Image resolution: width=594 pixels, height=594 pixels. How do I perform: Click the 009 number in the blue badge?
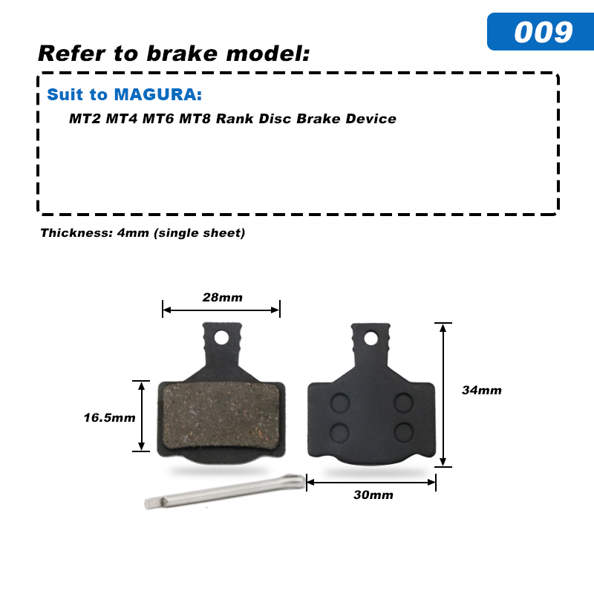click(x=544, y=32)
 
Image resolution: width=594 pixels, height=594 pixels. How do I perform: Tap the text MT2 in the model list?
click(x=85, y=119)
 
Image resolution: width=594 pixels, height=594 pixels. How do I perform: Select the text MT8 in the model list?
click(x=195, y=119)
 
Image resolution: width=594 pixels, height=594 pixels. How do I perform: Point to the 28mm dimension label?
click(x=222, y=298)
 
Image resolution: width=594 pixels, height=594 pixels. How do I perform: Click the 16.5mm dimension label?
click(x=109, y=417)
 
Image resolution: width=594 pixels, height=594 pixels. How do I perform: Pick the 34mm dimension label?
click(x=481, y=391)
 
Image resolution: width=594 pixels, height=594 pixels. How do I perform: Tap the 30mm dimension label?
click(x=373, y=495)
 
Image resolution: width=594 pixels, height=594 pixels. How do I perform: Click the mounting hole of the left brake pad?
click(x=221, y=338)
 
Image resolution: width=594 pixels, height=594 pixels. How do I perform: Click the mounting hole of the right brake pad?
click(x=371, y=339)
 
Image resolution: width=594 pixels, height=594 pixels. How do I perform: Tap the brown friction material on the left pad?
click(x=221, y=415)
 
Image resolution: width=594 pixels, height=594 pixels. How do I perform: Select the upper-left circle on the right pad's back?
click(x=340, y=402)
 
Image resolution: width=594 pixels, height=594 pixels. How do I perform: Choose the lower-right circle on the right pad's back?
click(x=404, y=432)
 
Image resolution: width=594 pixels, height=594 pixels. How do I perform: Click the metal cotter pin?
click(x=226, y=492)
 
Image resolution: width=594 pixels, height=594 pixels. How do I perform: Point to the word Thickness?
click(x=76, y=232)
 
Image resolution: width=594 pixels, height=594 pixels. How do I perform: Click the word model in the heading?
click(x=268, y=53)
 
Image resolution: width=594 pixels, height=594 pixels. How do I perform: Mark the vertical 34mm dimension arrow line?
click(x=443, y=395)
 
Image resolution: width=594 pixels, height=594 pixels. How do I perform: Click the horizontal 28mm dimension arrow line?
click(x=221, y=310)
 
